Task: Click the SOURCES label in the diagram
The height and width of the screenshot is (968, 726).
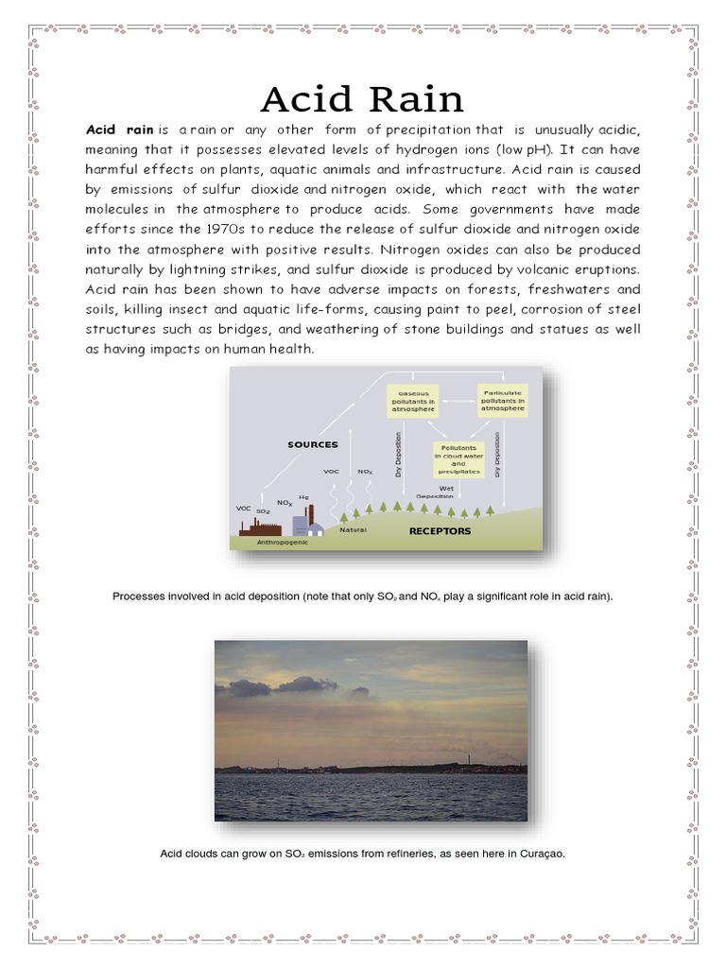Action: (313, 443)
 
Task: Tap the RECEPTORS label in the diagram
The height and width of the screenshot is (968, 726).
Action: (440, 531)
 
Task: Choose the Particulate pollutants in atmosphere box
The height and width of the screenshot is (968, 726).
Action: (503, 401)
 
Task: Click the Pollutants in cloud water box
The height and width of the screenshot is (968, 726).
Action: (458, 458)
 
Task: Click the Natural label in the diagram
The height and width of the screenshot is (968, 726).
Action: (353, 530)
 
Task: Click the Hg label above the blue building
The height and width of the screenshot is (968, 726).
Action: (303, 496)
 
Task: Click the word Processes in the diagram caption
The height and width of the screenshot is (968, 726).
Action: (138, 596)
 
